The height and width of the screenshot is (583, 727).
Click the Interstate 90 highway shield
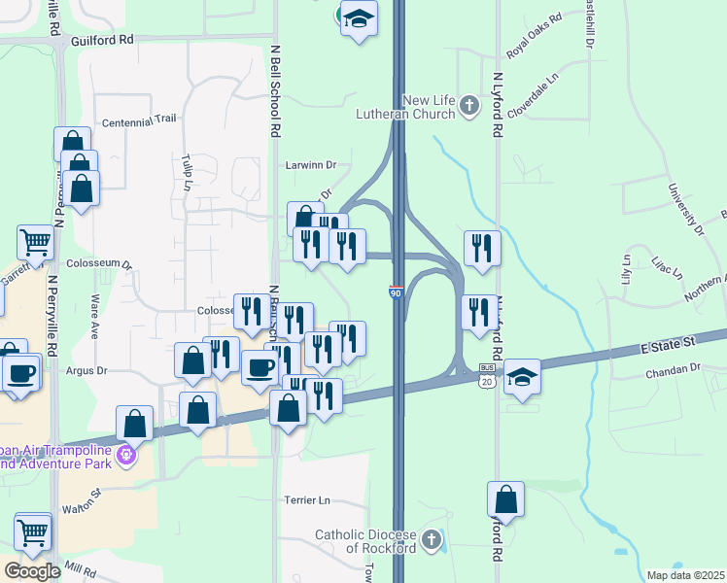tap(397, 291)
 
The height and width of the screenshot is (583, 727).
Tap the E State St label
tap(670, 344)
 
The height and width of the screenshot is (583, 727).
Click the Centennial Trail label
tap(139, 120)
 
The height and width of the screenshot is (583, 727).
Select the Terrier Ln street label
tap(307, 500)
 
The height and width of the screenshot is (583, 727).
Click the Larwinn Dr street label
tap(310, 165)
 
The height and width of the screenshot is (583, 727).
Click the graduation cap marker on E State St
tap(522, 376)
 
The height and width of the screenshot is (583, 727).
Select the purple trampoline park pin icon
tap(124, 454)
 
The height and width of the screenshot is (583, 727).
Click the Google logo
tap(31, 571)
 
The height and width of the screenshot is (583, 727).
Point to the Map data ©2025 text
tap(684, 575)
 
